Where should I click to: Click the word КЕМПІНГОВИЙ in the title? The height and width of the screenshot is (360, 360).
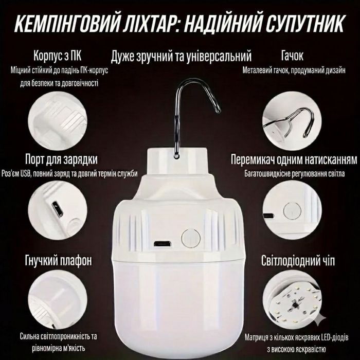point(67,24)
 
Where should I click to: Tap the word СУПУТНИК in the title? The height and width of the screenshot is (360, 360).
point(305,24)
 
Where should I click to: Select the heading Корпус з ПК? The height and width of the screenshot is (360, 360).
point(57,56)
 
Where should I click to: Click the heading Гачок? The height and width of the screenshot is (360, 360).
point(292,56)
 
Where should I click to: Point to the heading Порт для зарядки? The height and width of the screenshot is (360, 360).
point(61,159)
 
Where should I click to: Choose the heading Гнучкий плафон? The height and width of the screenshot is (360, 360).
point(58,261)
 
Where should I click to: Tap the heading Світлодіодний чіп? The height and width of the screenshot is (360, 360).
point(298,261)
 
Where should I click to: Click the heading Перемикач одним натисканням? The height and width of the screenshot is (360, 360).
point(294,159)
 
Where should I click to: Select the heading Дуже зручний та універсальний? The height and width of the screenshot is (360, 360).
point(181,56)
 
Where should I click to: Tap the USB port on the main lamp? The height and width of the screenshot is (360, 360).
point(162,244)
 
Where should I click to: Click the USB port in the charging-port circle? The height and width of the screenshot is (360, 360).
point(57,208)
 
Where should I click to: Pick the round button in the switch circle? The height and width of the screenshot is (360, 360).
point(292,210)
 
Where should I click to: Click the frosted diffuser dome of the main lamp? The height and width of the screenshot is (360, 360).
point(178,305)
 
